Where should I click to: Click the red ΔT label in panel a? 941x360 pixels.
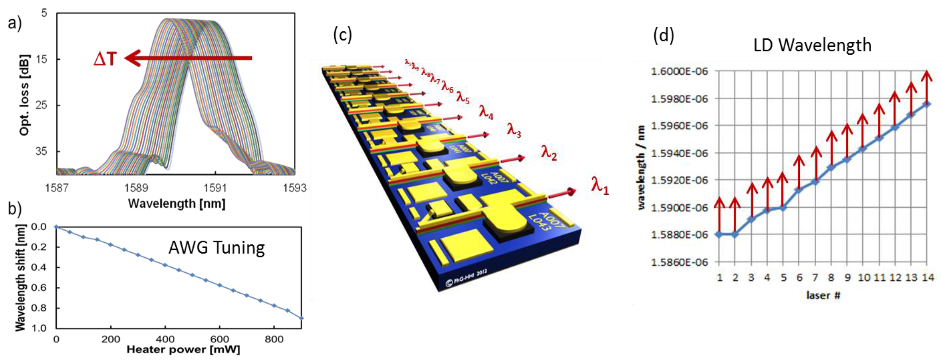tap(105, 58)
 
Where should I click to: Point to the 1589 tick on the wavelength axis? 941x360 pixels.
tap(136, 188)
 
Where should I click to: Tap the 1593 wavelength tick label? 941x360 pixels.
tap(295, 188)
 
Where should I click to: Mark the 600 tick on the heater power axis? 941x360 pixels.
tap(220, 339)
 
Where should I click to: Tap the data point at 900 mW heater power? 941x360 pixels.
tap(301, 318)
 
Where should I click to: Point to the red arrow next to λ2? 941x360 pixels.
tap(513, 159)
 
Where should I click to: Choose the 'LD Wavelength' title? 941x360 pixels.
tap(812, 45)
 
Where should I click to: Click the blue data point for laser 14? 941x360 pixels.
tap(927, 104)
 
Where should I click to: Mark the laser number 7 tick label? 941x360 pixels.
tap(815, 278)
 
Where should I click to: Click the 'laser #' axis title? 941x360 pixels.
tap(823, 295)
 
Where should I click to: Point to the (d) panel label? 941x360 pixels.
tap(664, 36)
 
